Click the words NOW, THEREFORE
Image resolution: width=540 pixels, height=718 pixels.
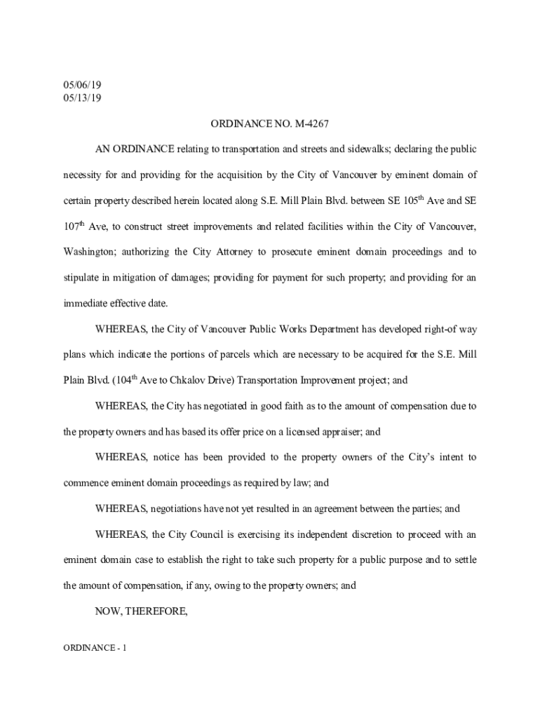142,611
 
